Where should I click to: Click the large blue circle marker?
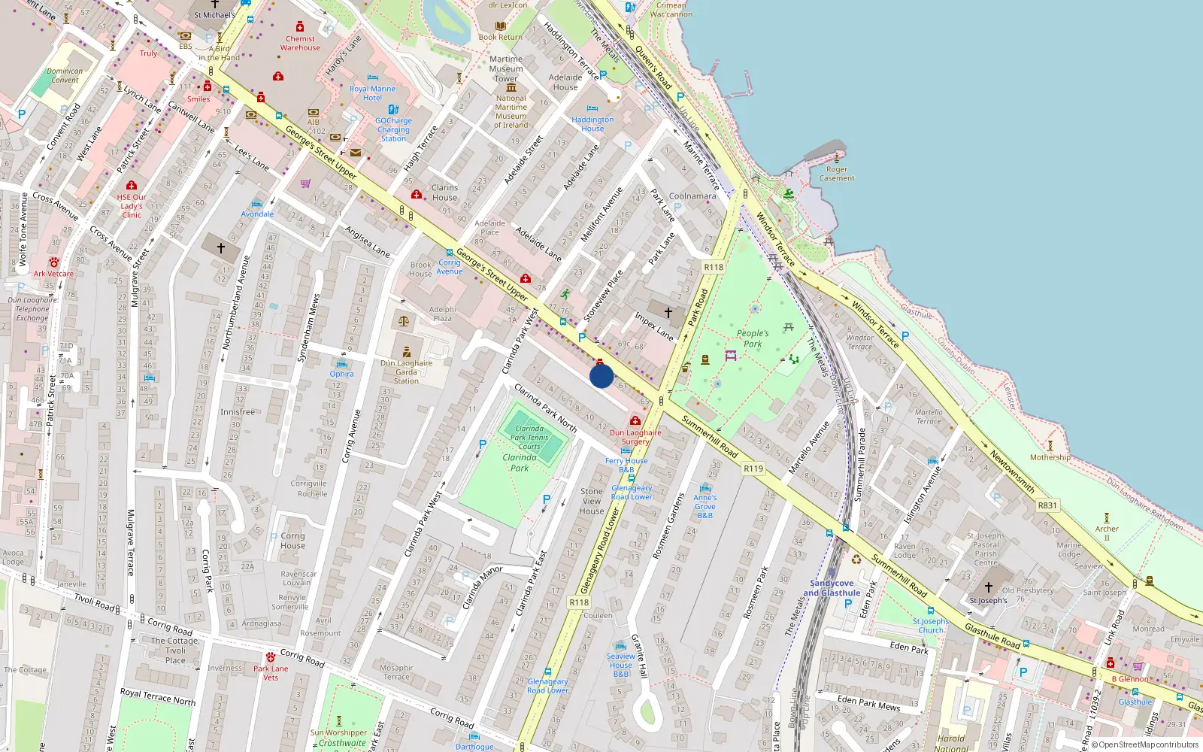pyautogui.click(x=601, y=376)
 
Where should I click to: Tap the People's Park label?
pyautogui.click(x=753, y=338)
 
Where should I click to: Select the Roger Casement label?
pyautogui.click(x=837, y=174)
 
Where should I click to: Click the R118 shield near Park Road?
pyautogui.click(x=714, y=267)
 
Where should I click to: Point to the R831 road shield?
pyautogui.click(x=1047, y=505)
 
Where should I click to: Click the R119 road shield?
pyautogui.click(x=753, y=468)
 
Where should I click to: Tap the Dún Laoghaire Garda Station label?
pyautogui.click(x=406, y=371)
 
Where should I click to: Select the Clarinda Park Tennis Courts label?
pyautogui.click(x=529, y=437)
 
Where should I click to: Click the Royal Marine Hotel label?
pyautogui.click(x=372, y=93)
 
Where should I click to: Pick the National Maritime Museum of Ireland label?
pyautogui.click(x=511, y=111)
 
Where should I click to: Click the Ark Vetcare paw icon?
pyautogui.click(x=54, y=262)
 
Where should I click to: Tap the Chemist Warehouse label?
pyautogui.click(x=300, y=43)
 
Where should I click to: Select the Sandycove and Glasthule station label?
pyautogui.click(x=832, y=588)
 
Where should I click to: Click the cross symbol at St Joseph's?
pyautogui.click(x=988, y=587)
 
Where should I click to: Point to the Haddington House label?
pyautogui.click(x=592, y=124)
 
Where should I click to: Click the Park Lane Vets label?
pyautogui.click(x=271, y=672)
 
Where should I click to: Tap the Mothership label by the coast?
pyautogui.click(x=1050, y=457)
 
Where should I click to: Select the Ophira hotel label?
pyautogui.click(x=341, y=374)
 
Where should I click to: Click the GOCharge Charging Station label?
pyautogui.click(x=393, y=129)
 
